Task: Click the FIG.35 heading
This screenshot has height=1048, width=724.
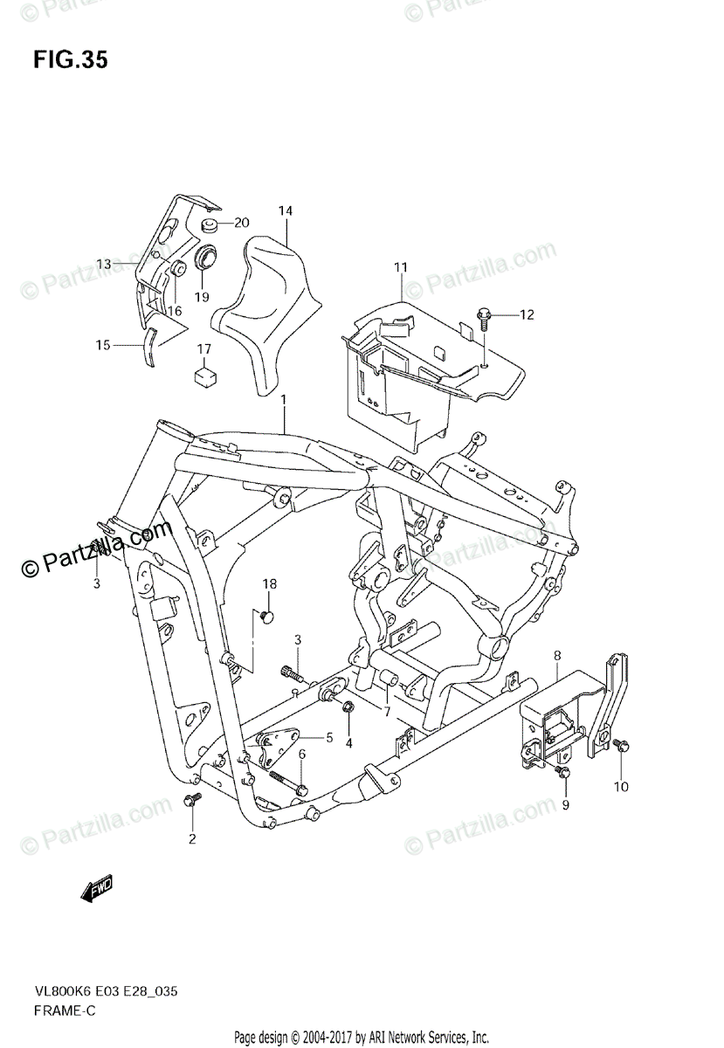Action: (x=71, y=60)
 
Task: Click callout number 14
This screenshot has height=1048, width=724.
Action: (x=286, y=211)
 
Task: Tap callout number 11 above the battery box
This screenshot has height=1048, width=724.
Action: (x=401, y=266)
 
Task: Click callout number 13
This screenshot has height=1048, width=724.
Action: (x=104, y=264)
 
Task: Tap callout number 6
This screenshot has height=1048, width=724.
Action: (x=302, y=754)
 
